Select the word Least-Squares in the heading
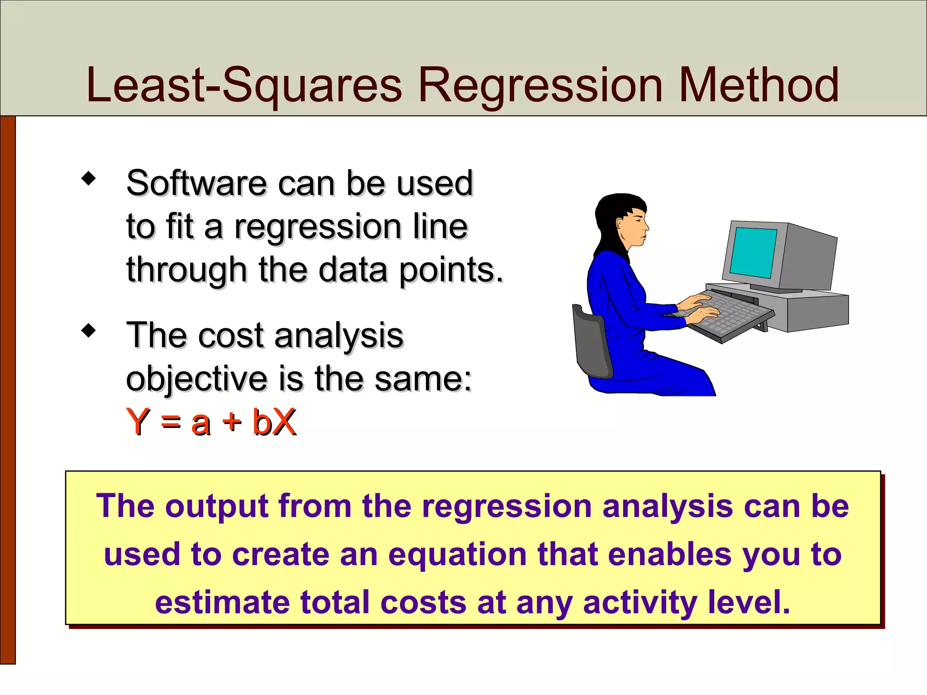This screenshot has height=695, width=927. point(244,86)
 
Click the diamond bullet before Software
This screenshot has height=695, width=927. point(89,178)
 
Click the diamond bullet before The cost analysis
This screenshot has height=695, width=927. point(89,331)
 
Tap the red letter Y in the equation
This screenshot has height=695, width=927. point(138,422)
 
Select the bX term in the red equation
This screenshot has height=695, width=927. point(274,422)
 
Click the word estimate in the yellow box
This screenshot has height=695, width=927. point(222,603)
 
